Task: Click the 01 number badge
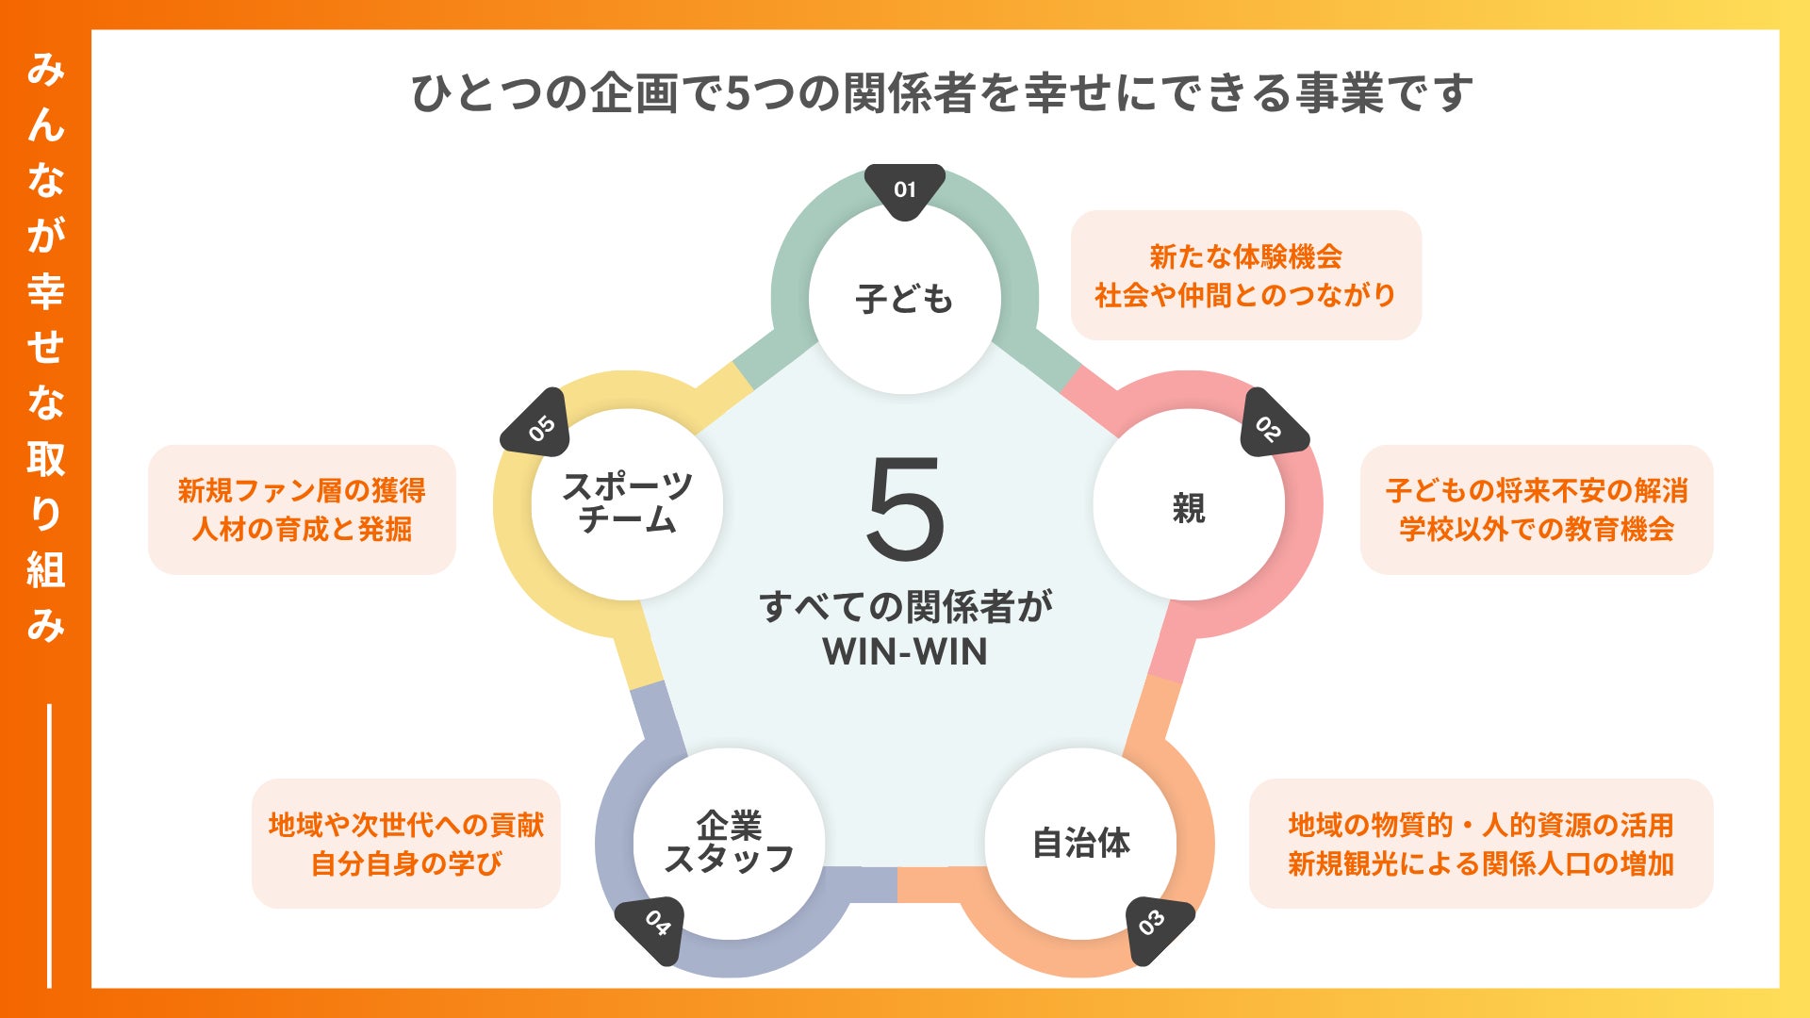pyautogui.click(x=905, y=189)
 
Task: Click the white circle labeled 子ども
pyautogui.click(x=905, y=299)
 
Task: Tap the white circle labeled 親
pyautogui.click(x=1189, y=506)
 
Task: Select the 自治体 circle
pyautogui.click(x=1081, y=843)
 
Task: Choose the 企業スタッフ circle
pyautogui.click(x=729, y=843)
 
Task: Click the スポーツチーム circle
pyautogui.click(x=627, y=504)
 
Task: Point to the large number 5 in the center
pyautogui.click(x=905, y=509)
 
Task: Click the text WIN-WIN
pyautogui.click(x=905, y=652)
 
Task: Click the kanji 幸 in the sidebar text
pyautogui.click(x=45, y=290)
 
